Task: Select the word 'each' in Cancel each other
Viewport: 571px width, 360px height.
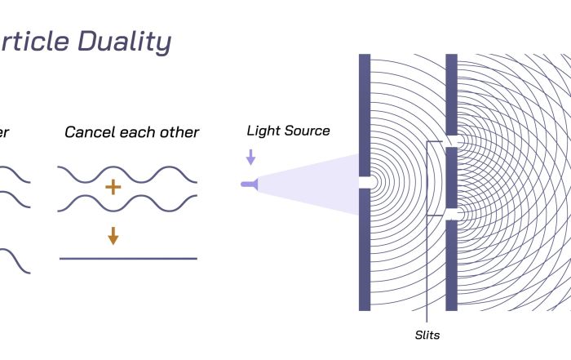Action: (137, 132)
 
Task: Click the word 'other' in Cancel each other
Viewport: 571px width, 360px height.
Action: (180, 132)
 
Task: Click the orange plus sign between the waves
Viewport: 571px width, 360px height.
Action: (113, 188)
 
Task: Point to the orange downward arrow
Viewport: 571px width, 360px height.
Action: (113, 236)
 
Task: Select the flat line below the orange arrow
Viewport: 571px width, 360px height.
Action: (128, 259)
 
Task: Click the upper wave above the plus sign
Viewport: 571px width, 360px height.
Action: (128, 173)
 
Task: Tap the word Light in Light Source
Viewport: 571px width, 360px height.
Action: (263, 131)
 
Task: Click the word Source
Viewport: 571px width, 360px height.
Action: (307, 131)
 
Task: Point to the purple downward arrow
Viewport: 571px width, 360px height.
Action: (250, 156)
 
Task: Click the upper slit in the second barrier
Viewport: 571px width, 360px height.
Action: (451, 140)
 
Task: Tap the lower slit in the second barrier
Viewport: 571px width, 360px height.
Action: (451, 214)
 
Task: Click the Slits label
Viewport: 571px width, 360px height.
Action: (427, 335)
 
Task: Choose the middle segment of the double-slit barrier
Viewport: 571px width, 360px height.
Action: (451, 177)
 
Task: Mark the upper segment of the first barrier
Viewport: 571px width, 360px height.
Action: (365, 114)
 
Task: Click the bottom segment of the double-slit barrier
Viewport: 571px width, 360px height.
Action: (451, 265)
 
